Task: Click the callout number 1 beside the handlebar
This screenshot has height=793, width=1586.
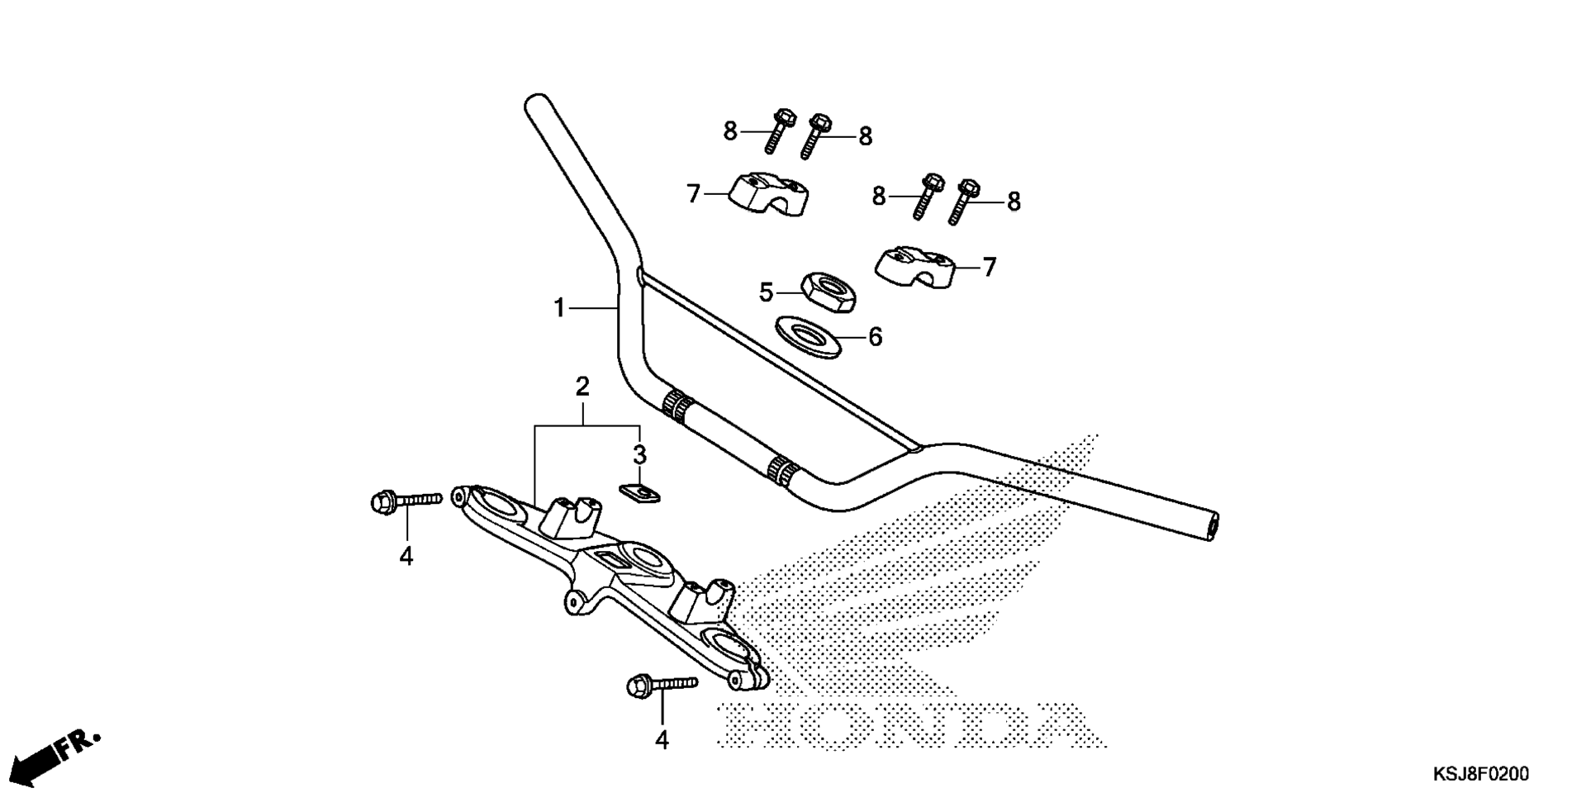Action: pos(559,308)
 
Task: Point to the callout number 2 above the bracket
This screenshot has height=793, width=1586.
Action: pos(582,386)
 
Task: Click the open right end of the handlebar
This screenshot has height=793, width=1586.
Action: pos(1211,526)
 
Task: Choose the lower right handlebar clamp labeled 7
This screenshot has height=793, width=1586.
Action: pos(914,267)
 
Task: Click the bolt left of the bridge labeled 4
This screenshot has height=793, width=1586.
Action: pos(407,501)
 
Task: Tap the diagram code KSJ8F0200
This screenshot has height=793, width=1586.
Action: pos(1481,774)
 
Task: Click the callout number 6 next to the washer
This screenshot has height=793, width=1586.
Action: pos(876,337)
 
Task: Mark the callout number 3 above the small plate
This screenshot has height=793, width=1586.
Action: pos(639,454)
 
